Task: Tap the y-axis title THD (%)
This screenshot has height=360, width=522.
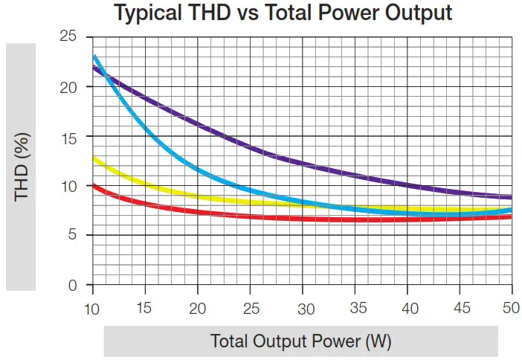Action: (22, 167)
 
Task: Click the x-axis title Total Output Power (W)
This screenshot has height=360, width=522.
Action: (301, 341)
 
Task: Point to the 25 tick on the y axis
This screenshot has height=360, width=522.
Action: (68, 36)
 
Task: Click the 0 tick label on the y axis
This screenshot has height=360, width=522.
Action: (73, 286)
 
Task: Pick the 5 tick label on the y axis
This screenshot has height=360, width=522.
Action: (73, 236)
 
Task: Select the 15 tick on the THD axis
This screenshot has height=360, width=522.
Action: (68, 136)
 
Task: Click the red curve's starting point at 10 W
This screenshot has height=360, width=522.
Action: (93, 184)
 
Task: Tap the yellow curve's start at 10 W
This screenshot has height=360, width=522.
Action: (93, 158)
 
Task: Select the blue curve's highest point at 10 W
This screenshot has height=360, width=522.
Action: (94, 56)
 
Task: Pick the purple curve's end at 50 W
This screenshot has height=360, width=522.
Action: (511, 198)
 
